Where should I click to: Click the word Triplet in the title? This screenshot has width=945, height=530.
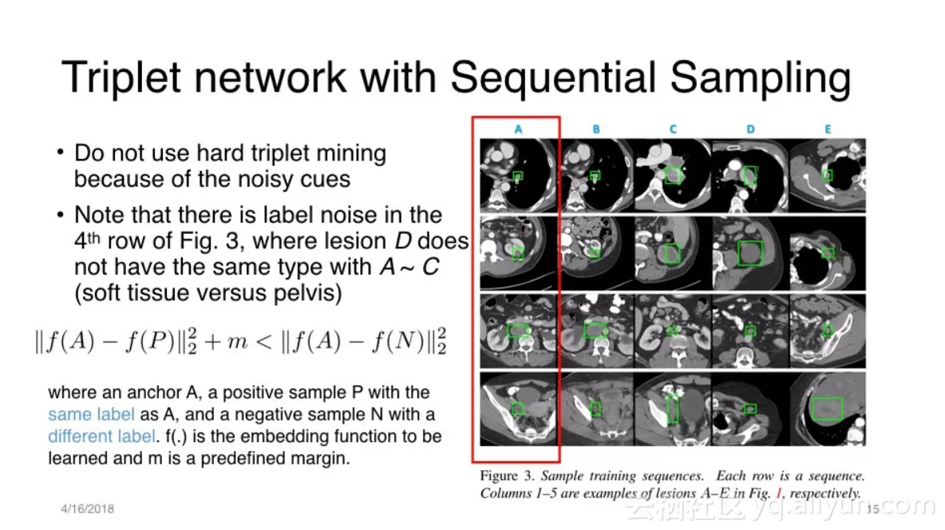121,77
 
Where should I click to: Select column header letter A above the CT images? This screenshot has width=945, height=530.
518,129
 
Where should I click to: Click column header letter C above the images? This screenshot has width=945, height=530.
673,129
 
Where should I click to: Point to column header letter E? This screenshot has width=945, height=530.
828,129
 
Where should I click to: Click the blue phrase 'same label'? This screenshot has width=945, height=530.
91,414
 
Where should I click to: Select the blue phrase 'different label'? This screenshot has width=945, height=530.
102,436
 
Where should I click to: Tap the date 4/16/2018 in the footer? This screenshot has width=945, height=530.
87,509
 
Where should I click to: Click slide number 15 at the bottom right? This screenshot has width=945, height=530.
872,509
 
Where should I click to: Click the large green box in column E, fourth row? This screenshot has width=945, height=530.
827,409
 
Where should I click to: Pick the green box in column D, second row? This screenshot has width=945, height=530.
750,253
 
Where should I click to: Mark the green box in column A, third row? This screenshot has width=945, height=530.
518,330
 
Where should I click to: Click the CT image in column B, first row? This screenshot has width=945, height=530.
595,176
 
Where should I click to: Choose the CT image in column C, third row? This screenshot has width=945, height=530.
673,330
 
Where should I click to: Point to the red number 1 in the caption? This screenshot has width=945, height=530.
779,493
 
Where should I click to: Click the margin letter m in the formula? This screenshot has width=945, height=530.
237,342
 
